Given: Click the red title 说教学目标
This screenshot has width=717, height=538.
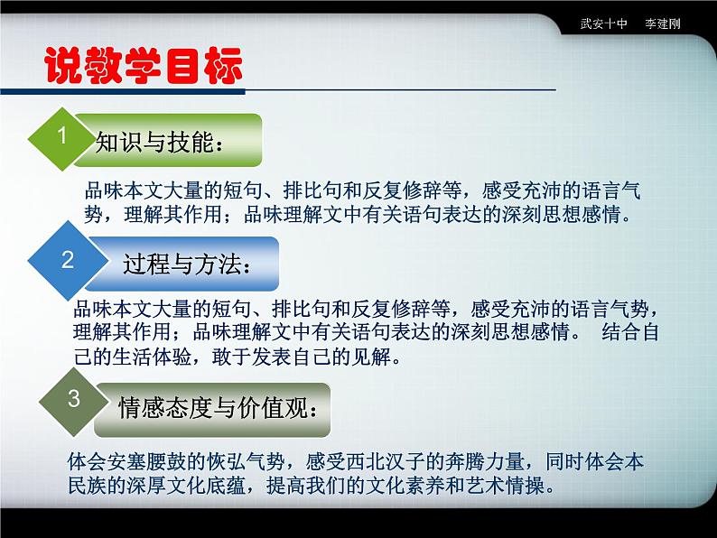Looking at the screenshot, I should pyautogui.click(x=144, y=65).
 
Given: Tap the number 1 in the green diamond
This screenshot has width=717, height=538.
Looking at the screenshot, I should pyautogui.click(x=62, y=137).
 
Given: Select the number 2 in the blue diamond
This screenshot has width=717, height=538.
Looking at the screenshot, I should pyautogui.click(x=67, y=260).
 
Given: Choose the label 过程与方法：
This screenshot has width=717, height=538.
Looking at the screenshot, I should pyautogui.click(x=184, y=264).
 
